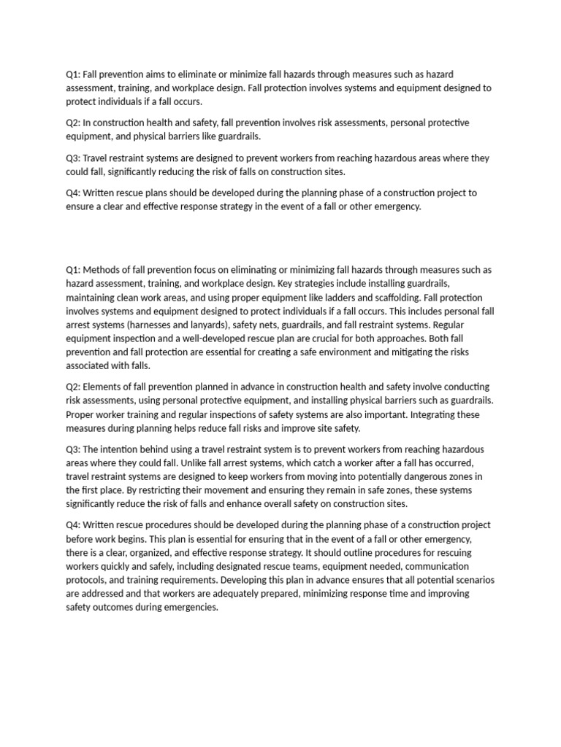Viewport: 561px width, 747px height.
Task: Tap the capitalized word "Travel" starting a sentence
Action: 99,158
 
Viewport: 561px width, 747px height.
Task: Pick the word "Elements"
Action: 104,387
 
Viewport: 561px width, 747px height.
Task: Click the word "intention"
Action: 124,449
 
